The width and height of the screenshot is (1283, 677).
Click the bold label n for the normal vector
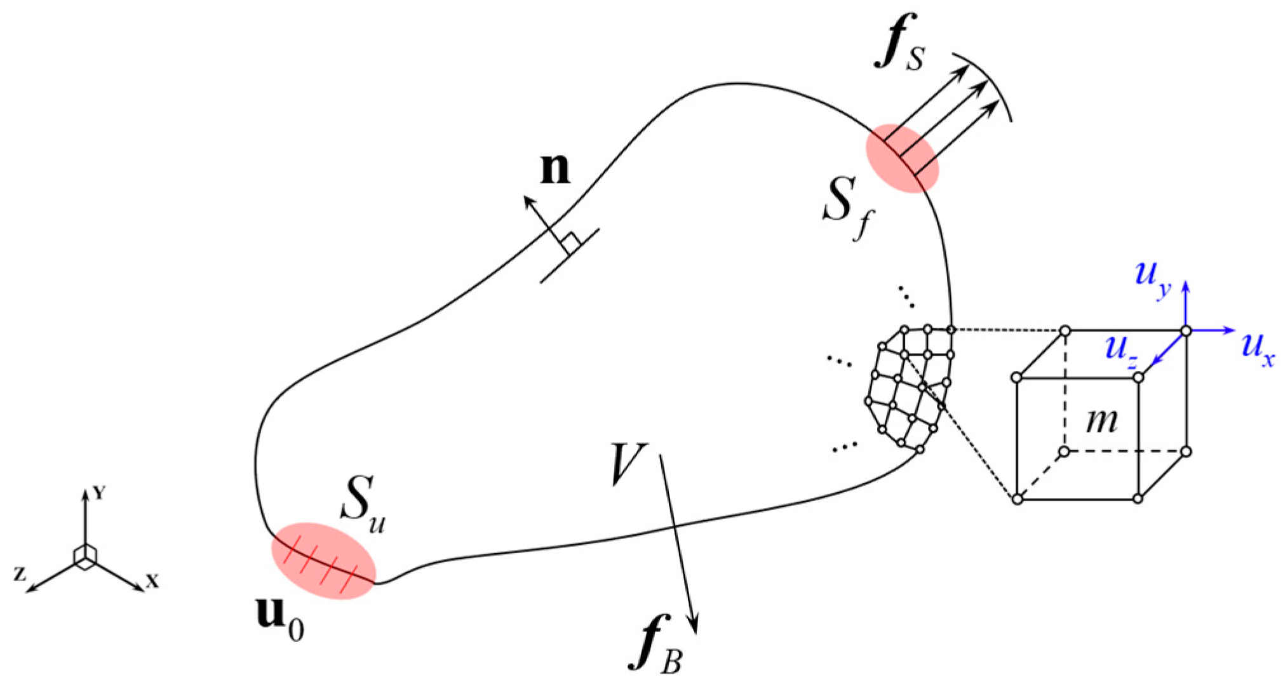(x=554, y=170)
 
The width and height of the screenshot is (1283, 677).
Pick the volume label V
(x=628, y=464)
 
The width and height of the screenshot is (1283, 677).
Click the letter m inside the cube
(x=1101, y=420)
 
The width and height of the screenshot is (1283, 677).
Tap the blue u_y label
(x=1152, y=278)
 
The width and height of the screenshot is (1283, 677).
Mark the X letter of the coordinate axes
(x=152, y=580)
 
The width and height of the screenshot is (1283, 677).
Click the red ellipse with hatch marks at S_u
(x=323, y=561)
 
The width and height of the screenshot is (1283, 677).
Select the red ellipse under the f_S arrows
(x=902, y=158)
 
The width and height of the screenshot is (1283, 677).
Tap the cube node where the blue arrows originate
(x=1185, y=330)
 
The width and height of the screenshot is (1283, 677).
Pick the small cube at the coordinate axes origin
(x=84, y=555)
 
